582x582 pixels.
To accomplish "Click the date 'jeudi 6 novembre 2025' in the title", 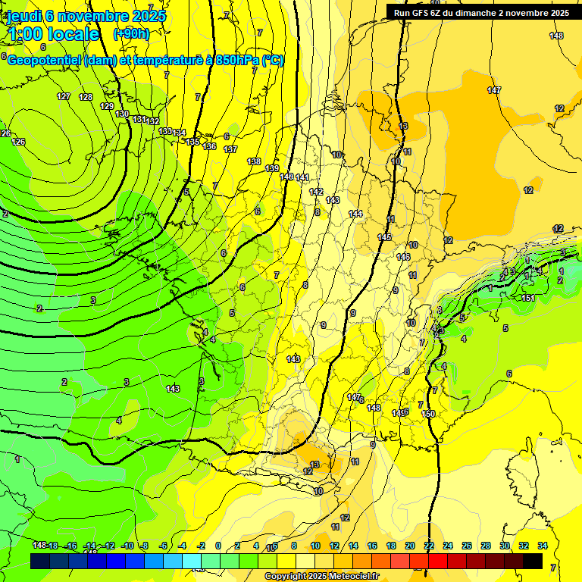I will [x=86, y=16].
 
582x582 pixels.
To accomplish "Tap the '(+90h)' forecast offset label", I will [x=131, y=34].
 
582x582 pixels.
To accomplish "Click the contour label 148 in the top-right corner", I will [x=556, y=36].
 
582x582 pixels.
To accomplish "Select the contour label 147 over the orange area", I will [x=494, y=90].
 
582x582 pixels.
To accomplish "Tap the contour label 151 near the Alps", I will [x=528, y=298].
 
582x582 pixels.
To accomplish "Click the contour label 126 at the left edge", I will [x=17, y=142].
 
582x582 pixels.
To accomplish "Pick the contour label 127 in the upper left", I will [x=64, y=96].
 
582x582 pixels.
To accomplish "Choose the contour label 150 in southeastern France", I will [x=428, y=414].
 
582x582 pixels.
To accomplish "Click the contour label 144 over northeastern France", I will [x=355, y=214].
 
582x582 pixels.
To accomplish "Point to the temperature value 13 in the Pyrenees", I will [x=314, y=465].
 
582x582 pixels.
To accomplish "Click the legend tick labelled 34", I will [x=543, y=546].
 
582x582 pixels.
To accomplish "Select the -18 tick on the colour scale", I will [x=53, y=546].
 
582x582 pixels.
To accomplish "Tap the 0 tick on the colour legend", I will [x=218, y=546].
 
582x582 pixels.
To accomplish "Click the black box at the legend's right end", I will [x=533, y=561].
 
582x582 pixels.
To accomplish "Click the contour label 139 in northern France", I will [x=272, y=168].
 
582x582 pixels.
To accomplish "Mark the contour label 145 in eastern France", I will [x=384, y=238].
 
